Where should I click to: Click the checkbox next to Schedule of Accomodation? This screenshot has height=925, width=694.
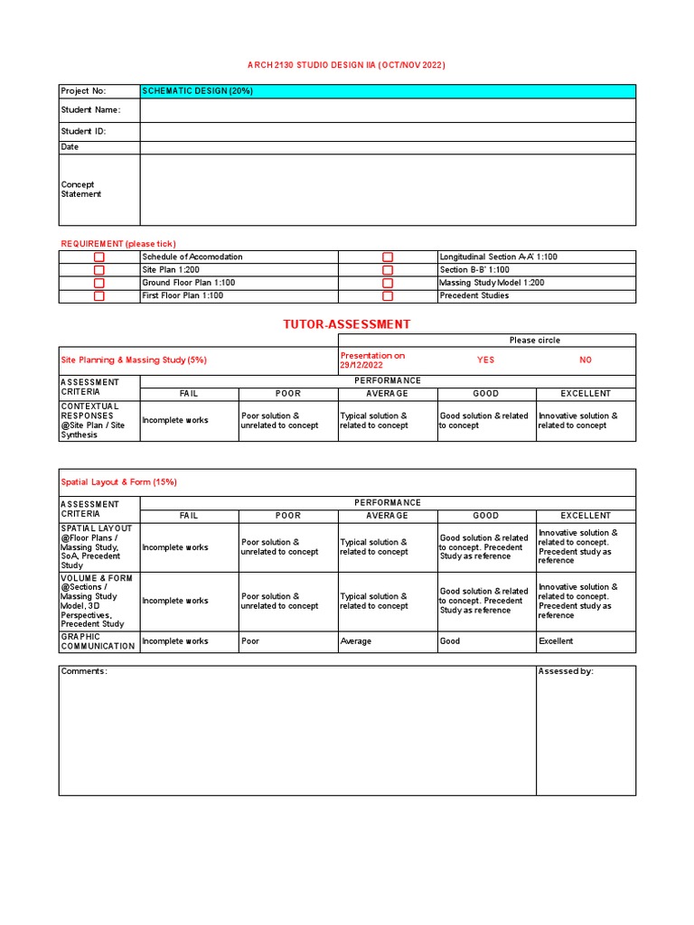[99, 257]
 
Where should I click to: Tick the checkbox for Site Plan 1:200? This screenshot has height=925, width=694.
[99, 270]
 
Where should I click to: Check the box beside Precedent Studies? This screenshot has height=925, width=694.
[388, 296]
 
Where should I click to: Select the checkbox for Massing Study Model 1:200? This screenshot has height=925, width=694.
[388, 283]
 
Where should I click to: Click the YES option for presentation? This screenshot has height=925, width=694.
[486, 360]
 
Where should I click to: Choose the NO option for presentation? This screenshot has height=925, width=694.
[586, 360]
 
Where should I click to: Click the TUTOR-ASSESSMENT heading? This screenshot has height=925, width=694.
[347, 323]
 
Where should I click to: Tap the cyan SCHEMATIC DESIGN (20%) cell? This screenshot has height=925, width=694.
[388, 91]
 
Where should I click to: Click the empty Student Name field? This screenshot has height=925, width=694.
[388, 110]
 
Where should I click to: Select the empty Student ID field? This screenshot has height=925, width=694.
[388, 131]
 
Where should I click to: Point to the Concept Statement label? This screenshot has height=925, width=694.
[81, 189]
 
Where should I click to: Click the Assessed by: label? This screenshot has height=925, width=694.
[566, 671]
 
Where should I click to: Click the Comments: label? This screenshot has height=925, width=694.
[84, 671]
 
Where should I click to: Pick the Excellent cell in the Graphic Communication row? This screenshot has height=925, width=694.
[586, 641]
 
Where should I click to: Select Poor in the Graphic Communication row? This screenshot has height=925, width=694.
[288, 641]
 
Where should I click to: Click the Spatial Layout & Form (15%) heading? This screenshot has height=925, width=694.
[118, 481]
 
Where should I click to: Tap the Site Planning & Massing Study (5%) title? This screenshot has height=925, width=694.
[134, 360]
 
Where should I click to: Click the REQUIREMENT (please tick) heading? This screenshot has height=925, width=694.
[118, 244]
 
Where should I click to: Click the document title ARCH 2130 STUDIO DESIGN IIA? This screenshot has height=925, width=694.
[347, 65]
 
